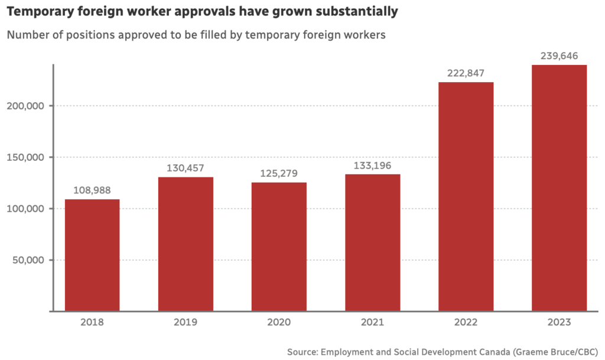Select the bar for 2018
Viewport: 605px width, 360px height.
(92, 255)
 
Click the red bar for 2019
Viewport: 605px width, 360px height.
(186, 244)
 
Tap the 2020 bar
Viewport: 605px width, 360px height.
(279, 246)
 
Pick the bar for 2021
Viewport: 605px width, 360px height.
(372, 242)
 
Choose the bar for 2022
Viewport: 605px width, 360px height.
(466, 196)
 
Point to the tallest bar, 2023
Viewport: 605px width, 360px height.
(559, 188)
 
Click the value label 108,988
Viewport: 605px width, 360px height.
(92, 190)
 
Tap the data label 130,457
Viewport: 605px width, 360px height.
(186, 168)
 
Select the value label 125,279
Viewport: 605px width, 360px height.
(279, 173)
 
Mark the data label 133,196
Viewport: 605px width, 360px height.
(372, 165)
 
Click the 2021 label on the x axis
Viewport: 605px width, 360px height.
(372, 323)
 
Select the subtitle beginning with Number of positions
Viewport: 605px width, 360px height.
(196, 35)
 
